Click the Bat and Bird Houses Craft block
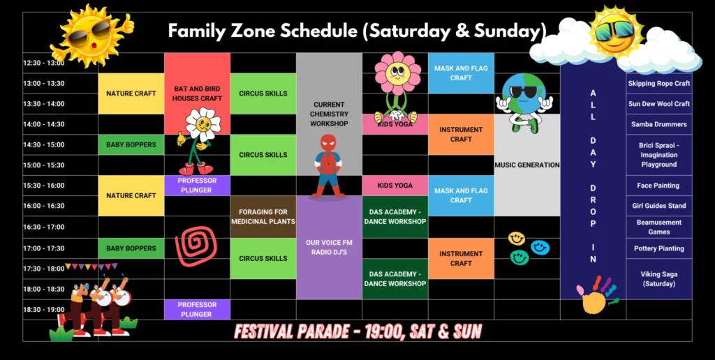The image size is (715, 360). tap(197, 93)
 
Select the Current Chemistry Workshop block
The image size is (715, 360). tap(330, 114)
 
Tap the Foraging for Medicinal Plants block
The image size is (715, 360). tap(263, 217)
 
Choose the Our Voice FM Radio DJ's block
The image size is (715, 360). tap(330, 248)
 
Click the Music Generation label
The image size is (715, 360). tap(527, 165)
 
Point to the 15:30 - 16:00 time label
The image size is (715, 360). tap(44, 186)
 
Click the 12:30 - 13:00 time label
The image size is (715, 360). tap(44, 63)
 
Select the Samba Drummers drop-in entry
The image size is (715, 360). tap(659, 124)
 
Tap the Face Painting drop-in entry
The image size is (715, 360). tap(659, 186)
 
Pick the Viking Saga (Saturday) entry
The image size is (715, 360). tap(659, 279)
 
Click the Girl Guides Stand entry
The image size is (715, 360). tap(659, 206)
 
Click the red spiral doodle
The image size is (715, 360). tap(196, 246)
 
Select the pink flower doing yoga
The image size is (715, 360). tap(397, 87)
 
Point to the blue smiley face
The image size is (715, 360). tap(540, 248)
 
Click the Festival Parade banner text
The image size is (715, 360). tap(358, 332)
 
